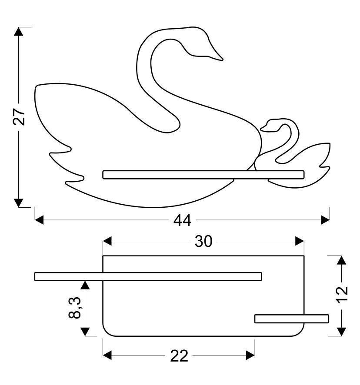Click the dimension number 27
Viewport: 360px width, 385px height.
[x=19, y=116]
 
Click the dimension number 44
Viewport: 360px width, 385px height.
[x=182, y=220]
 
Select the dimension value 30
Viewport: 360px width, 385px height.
[x=203, y=241]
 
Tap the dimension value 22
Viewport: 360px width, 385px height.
[x=179, y=355]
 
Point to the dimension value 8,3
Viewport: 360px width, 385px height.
[x=74, y=308]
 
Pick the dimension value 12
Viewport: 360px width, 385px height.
[x=342, y=295]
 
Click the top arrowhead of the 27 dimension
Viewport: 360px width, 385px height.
[x=18, y=31]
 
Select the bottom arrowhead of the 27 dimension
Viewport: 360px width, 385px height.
[x=18, y=203]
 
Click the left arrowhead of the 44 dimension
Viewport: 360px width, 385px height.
[x=39, y=220]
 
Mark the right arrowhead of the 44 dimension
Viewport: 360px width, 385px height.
[x=325, y=220]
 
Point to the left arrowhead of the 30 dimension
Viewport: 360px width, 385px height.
[x=107, y=241]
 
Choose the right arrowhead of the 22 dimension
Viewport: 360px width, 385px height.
[x=250, y=355]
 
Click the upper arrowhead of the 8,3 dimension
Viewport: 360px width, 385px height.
[x=85, y=285]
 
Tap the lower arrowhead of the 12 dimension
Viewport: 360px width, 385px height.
[x=342, y=332]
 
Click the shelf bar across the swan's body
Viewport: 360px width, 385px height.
[x=203, y=175]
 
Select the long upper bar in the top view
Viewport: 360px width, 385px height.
[x=148, y=276]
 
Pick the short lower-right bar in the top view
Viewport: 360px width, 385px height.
[x=292, y=319]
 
